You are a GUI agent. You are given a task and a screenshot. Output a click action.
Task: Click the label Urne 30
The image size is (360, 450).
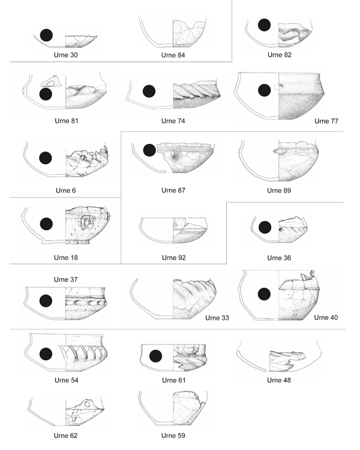coord(66,55)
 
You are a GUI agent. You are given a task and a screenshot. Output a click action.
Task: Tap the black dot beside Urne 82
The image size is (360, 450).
coord(264,25)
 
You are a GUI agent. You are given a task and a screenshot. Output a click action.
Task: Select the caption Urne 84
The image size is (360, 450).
coord(173,55)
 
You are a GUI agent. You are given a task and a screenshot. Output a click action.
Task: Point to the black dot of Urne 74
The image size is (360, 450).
coord(149,92)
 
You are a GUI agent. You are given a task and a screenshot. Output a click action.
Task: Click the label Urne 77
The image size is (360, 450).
coord(327,121)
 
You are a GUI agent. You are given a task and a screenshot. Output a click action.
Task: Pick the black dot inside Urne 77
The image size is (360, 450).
coord(265,90)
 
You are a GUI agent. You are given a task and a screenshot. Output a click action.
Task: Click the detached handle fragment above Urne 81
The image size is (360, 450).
coord(51,82)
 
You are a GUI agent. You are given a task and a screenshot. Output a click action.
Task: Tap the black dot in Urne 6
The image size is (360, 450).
coord(45,158)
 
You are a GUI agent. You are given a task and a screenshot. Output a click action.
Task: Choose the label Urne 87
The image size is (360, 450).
coord(174,190)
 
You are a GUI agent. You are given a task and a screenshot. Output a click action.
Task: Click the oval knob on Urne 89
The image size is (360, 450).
coord(278,150)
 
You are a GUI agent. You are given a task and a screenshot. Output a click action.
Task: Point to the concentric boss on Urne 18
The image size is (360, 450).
coord(86,222)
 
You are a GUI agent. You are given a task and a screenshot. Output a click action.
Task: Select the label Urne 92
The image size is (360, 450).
coord(174,258)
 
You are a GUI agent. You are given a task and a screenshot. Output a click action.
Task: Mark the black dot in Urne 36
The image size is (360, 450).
coord(265,227)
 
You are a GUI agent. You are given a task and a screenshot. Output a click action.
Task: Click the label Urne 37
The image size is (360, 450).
coord(66,279)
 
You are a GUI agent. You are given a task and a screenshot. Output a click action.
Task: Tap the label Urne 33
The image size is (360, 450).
coord(217,317)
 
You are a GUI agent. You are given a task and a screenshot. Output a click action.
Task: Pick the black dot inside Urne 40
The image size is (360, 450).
coord(264,295)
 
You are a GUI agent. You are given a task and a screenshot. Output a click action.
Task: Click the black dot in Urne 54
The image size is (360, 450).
coord(46,354)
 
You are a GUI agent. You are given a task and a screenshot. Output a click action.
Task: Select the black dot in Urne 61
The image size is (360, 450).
coord(155,356)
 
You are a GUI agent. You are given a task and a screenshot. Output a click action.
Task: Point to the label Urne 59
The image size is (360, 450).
coord(173,435)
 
